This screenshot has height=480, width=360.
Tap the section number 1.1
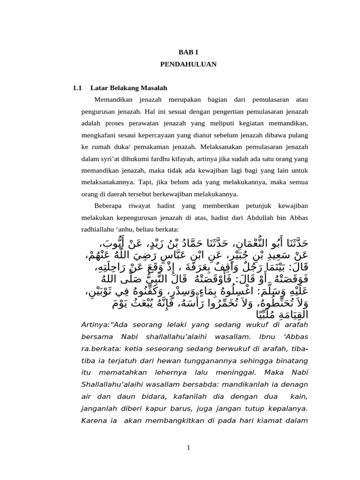pyautogui.click(x=78, y=88)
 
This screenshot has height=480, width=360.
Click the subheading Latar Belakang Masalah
pyautogui.click(x=129, y=88)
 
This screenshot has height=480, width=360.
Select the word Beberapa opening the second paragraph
pyautogui.click(x=108, y=206)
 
